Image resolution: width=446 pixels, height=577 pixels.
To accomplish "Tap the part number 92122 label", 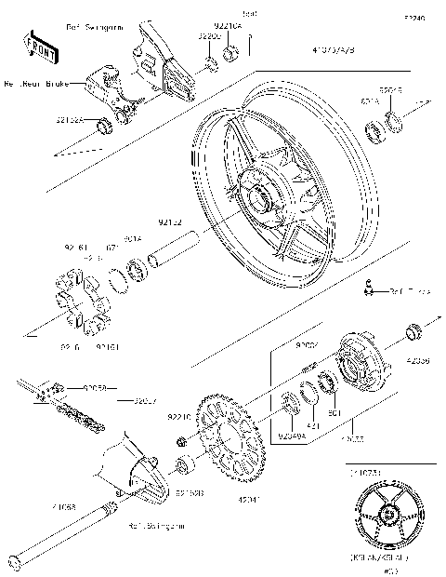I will tap(169, 222).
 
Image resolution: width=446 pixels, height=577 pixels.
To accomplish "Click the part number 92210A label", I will tap(228, 28).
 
